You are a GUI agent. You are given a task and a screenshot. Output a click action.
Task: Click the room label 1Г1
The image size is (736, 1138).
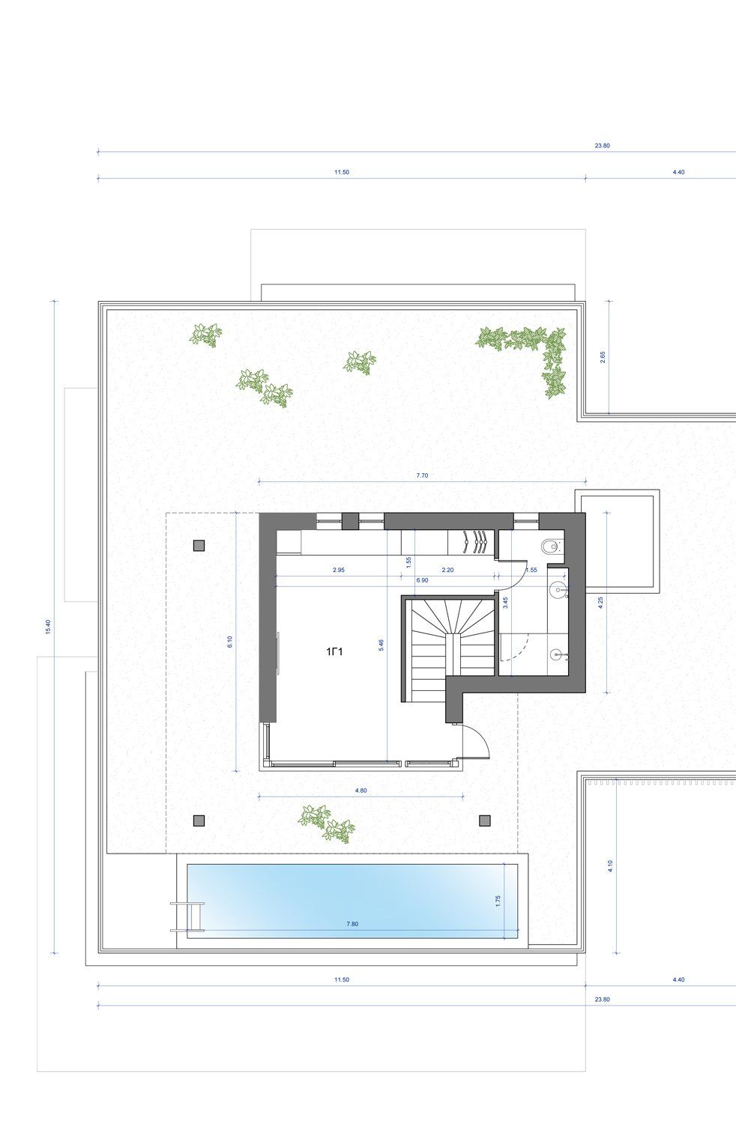(x=334, y=651)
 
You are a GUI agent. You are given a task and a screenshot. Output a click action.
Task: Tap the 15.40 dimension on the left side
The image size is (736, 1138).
(x=48, y=627)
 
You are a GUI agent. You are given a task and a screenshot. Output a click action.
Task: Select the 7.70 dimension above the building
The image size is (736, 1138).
(x=422, y=475)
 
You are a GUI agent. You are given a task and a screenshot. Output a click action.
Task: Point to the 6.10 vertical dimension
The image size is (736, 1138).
(x=230, y=642)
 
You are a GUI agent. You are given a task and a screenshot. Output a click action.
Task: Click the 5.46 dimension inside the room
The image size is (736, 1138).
(x=381, y=645)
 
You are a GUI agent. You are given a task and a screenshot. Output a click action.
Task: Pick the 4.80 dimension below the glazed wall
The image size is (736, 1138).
(x=361, y=791)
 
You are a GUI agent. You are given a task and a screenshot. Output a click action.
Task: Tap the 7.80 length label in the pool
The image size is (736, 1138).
(x=352, y=924)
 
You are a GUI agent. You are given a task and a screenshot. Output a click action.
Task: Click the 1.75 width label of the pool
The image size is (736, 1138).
(x=498, y=901)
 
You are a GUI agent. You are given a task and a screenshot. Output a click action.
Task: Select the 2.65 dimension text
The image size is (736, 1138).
(x=603, y=357)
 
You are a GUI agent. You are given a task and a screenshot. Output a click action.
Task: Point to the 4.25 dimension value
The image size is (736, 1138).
(x=600, y=602)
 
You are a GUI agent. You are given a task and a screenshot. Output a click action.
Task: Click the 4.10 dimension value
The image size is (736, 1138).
(x=610, y=866)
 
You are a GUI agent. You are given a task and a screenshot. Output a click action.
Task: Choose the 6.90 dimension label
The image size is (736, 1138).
(x=422, y=580)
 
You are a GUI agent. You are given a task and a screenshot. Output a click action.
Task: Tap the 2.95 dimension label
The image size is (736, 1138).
(x=339, y=570)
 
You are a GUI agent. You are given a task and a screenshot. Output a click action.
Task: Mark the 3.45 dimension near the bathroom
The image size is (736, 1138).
(x=505, y=603)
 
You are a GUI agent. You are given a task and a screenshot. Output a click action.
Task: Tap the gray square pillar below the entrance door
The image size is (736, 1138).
(x=485, y=821)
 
